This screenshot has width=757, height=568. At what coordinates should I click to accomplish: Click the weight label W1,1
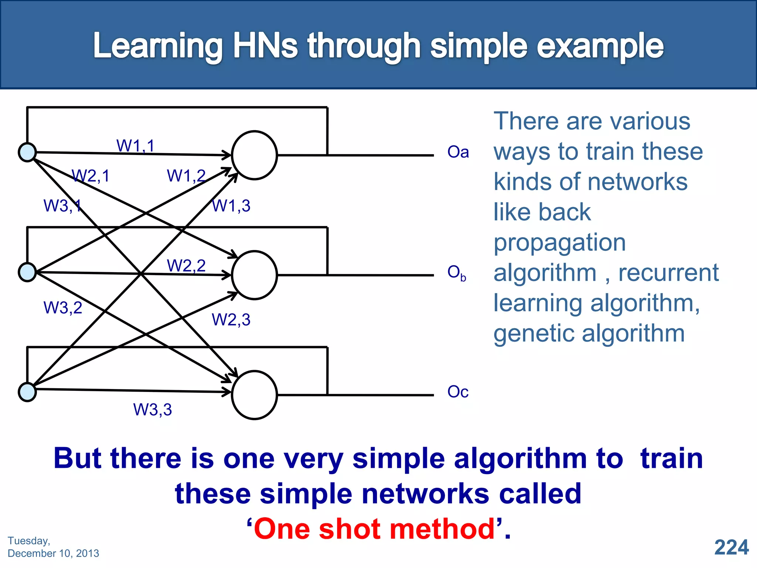coord(135,146)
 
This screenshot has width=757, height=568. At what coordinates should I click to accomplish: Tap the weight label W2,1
coord(91,176)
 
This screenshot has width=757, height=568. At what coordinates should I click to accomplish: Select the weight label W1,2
coord(186,176)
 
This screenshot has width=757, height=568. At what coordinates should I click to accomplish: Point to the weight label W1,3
coord(231,206)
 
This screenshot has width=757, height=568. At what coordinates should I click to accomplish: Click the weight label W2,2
coord(186,266)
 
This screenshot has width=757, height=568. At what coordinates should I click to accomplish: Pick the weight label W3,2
coord(63,308)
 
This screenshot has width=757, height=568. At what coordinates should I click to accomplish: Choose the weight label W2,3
coord(231,319)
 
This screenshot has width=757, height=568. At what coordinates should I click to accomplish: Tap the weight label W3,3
coord(152,410)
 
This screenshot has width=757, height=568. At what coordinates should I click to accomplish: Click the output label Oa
coord(458,152)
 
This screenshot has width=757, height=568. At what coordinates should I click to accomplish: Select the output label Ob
coord(456,273)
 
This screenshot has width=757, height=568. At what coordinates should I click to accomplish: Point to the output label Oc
coord(458,392)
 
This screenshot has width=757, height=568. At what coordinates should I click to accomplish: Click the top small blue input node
coord(27,152)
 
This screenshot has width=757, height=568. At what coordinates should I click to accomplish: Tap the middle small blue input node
coord(27,272)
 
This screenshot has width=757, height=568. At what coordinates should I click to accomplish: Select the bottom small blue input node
coord(27,392)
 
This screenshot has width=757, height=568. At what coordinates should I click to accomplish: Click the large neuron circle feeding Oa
coord(254,155)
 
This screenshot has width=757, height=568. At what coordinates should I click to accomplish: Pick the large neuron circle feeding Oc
coord(254,395)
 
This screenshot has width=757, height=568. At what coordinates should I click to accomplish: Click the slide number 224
coord(731,547)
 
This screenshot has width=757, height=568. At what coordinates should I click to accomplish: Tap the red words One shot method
coord(374,529)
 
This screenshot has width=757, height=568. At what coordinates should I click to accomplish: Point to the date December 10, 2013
coord(53,553)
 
